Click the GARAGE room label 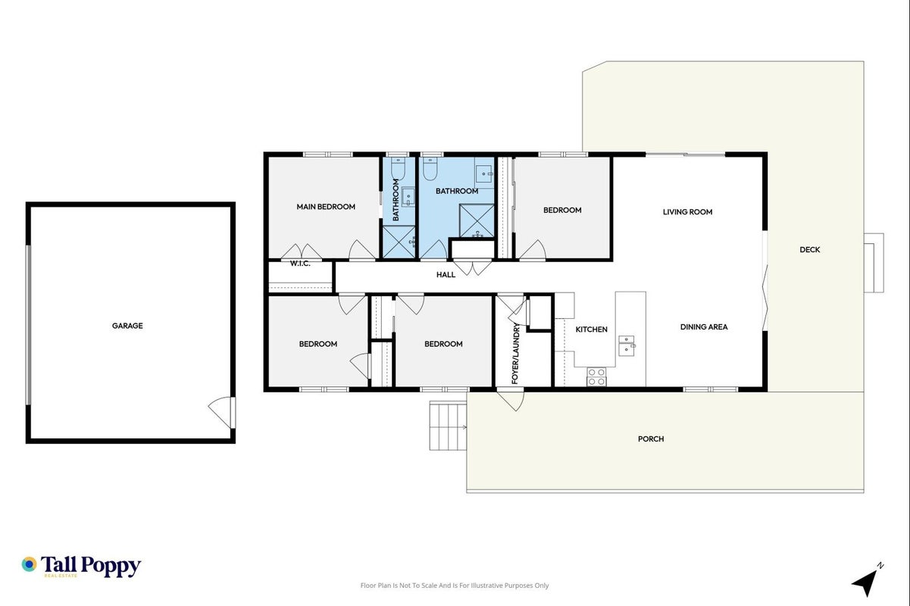pyautogui.click(x=127, y=326)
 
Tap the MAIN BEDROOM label pyautogui.click(x=326, y=207)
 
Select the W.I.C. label pyautogui.click(x=300, y=264)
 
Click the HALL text pyautogui.click(x=446, y=275)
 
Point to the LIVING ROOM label pyautogui.click(x=687, y=212)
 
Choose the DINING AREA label pyautogui.click(x=704, y=327)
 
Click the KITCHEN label pyautogui.click(x=592, y=330)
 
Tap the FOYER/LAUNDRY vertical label pyautogui.click(x=515, y=353)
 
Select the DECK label pyautogui.click(x=810, y=250)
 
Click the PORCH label pyautogui.click(x=651, y=439)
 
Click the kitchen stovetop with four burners pyautogui.click(x=596, y=377)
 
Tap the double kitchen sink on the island pyautogui.click(x=627, y=345)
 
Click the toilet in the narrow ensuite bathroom pyautogui.click(x=398, y=169)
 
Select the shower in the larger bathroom pyautogui.click(x=477, y=220)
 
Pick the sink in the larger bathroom pyautogui.click(x=484, y=173)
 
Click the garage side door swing pyautogui.click(x=222, y=411)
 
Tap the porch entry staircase pyautogui.click(x=448, y=426)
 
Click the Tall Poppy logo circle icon pyautogui.click(x=29, y=564)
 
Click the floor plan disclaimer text pyautogui.click(x=455, y=586)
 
